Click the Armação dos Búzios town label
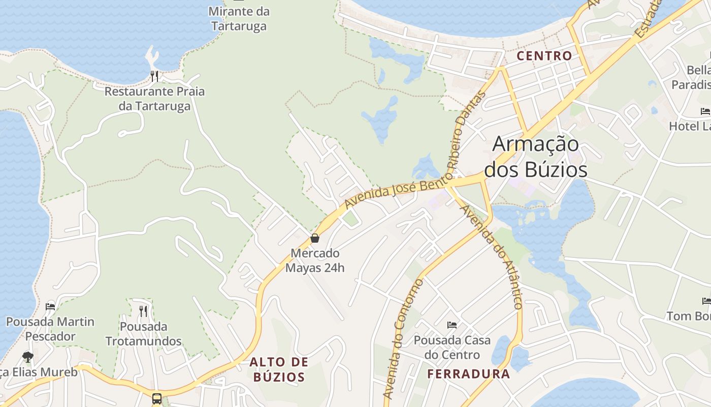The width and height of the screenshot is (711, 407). pos(535,157)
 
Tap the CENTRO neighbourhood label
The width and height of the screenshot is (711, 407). pos(544,56)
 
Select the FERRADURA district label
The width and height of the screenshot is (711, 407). pos(468,374)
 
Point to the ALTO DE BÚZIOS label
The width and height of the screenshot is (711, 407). pos(279,369)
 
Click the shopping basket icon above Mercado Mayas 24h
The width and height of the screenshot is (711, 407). pos(315,238)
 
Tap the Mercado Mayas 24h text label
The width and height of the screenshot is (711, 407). pos(315,260)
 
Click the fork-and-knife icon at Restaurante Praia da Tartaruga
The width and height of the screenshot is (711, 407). pos(154,76)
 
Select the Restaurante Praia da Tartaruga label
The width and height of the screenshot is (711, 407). pos(154,99)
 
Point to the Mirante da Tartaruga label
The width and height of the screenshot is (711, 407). pos(239,18)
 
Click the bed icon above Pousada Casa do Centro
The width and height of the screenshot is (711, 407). pos(452,325)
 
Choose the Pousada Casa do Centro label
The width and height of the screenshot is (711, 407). pos(452,347)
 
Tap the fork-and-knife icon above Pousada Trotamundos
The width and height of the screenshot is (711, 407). pos(143,310)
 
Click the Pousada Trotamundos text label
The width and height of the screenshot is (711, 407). pos(143,333)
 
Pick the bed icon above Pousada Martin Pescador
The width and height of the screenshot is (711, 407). pos(50,306)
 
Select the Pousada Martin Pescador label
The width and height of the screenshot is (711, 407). pos(50,329)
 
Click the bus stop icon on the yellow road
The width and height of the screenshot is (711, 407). pos(157,398)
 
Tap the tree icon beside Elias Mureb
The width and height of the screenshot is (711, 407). pos(28,357)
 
